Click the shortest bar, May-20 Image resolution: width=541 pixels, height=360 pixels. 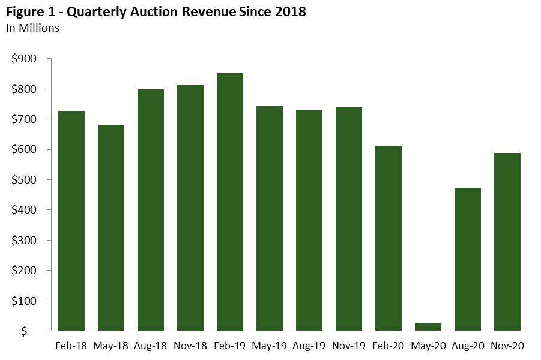(428, 327)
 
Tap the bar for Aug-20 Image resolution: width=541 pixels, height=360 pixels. (468, 259)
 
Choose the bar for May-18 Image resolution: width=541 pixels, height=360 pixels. (111, 227)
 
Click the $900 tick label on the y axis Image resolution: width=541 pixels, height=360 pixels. (24, 59)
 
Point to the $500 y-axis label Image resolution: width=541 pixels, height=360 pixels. (24, 180)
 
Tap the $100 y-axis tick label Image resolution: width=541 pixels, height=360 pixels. (24, 301)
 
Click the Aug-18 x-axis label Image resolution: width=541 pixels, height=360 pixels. (151, 346)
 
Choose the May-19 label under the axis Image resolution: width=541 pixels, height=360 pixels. (270, 346)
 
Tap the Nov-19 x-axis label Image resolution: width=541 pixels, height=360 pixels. (349, 346)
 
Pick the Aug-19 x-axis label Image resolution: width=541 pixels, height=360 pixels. (309, 346)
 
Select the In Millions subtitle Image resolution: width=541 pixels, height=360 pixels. (32, 28)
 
